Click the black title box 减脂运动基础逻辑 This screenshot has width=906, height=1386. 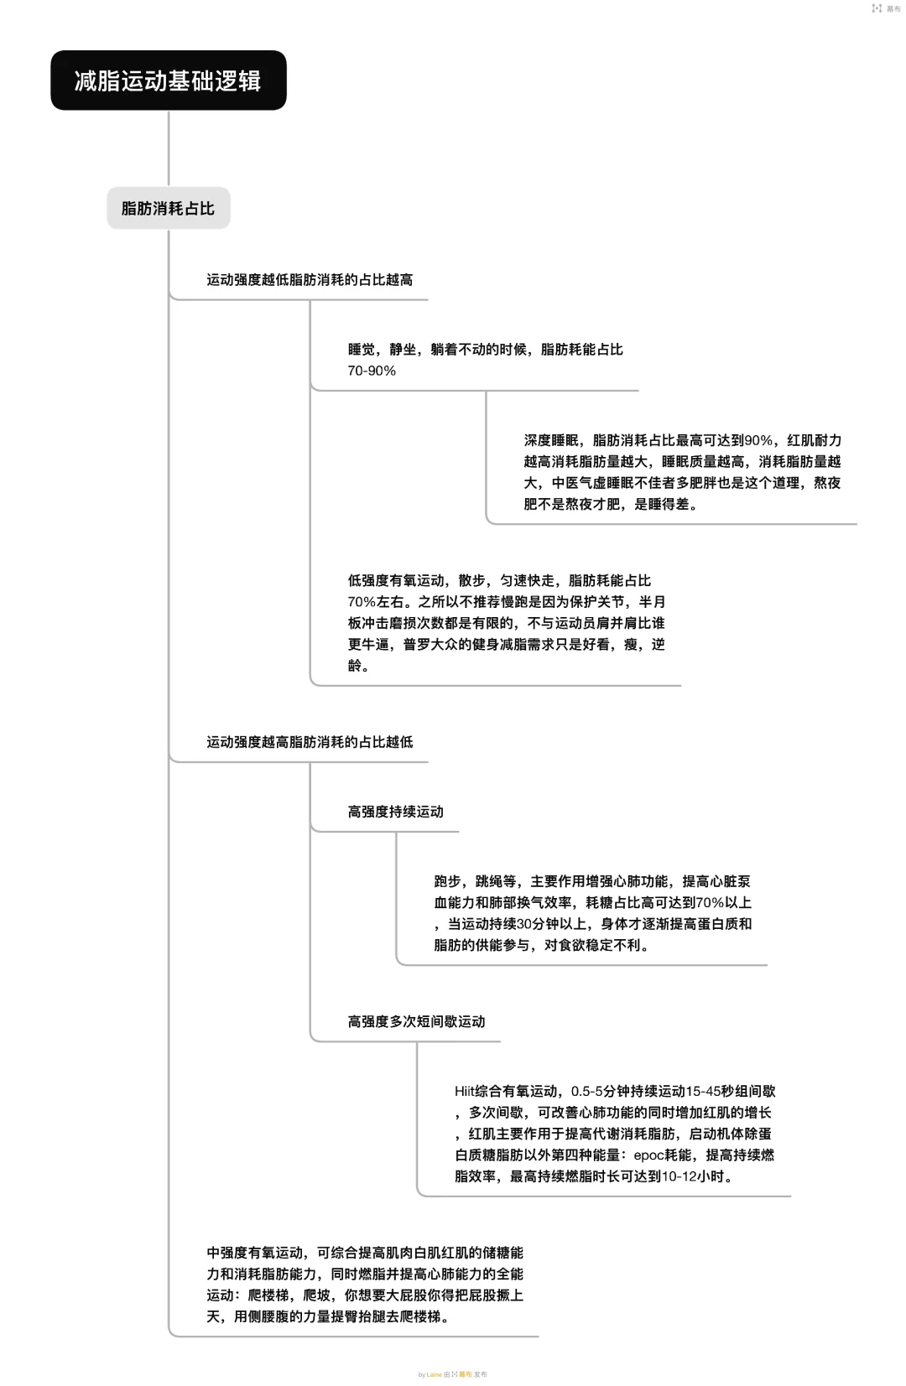point(168,80)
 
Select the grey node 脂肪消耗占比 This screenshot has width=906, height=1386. point(168,209)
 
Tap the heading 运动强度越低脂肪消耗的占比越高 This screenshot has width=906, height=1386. point(310,280)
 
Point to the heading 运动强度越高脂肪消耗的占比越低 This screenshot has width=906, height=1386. point(310,742)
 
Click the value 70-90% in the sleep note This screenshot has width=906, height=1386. point(372,371)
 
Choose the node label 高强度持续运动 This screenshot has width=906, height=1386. point(395,812)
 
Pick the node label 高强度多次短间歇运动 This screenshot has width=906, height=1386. point(416,1021)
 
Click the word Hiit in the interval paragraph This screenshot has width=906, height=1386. point(465,1091)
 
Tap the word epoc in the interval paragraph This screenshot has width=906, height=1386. point(648,1155)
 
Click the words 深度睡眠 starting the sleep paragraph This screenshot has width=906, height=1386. point(551,440)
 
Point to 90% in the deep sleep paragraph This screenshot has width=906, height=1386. point(758,440)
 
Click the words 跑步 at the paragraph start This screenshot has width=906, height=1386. point(447,881)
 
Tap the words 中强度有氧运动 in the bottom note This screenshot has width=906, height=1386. point(255,1253)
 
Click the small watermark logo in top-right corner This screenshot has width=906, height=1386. point(877,8)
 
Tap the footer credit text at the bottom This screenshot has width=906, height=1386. point(453,1374)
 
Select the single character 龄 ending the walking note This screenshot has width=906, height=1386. point(355,666)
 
